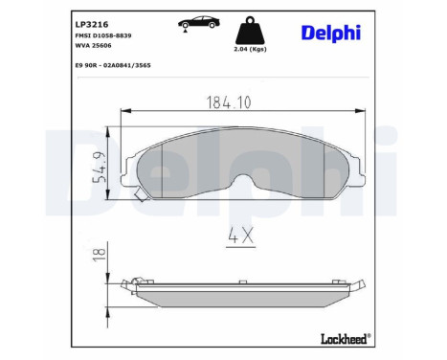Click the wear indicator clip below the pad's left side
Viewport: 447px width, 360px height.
click(x=142, y=195)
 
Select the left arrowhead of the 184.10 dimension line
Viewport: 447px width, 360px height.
click(x=123, y=113)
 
